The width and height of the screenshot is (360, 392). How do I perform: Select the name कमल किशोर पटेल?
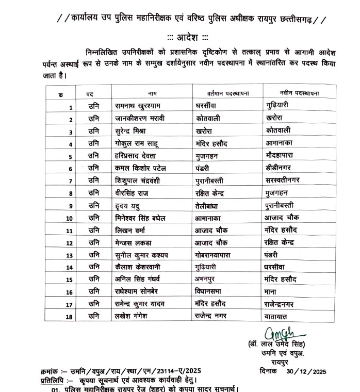point(142,168)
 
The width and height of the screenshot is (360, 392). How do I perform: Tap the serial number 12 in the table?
point(69,243)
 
